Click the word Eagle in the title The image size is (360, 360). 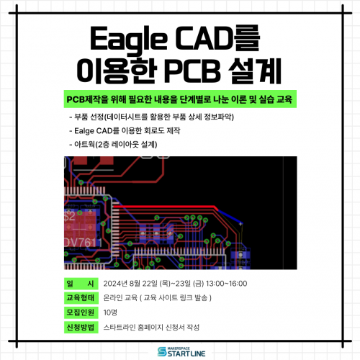(x=128, y=40)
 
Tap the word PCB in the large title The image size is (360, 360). (x=192, y=71)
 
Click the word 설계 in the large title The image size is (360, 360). (x=255, y=71)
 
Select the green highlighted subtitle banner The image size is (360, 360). (x=180, y=99)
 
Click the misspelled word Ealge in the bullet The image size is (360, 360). (x=84, y=131)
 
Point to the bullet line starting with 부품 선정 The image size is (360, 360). (x=152, y=117)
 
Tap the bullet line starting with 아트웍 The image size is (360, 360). (x=113, y=145)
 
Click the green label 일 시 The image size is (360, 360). (x=81, y=284)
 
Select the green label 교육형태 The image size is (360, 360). (x=81, y=298)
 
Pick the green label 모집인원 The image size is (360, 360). (x=81, y=312)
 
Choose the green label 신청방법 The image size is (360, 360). (x=81, y=328)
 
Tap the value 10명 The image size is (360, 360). (x=110, y=312)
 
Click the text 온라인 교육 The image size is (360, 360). (x=120, y=298)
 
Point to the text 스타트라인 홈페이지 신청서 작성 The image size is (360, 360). (x=151, y=328)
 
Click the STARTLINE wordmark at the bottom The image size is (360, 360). (x=186, y=354)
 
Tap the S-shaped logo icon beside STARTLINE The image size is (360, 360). (x=162, y=352)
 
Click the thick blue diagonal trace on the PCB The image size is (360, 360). (x=230, y=217)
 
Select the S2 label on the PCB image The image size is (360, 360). (x=70, y=217)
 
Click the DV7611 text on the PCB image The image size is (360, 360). (x=83, y=243)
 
